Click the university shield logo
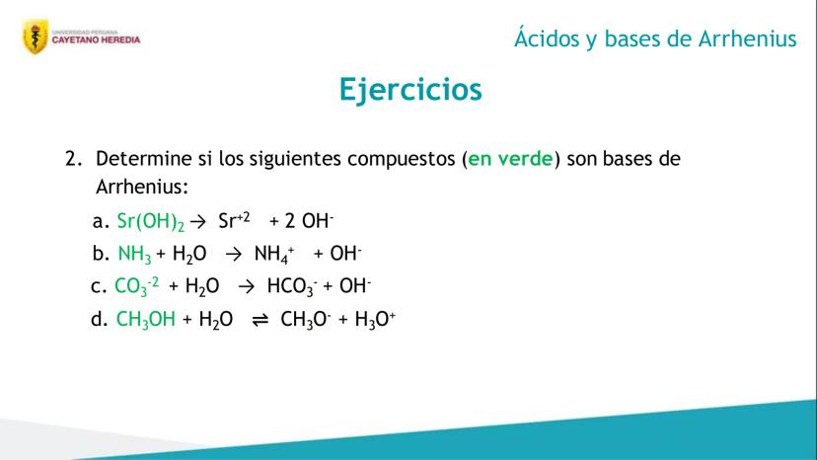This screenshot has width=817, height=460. (x=36, y=37)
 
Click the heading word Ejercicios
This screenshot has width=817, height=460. (x=410, y=90)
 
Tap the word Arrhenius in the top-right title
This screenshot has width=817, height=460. (x=747, y=38)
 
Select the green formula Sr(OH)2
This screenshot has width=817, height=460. (x=151, y=222)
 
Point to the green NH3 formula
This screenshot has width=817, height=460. (x=134, y=255)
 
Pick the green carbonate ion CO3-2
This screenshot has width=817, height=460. (x=136, y=286)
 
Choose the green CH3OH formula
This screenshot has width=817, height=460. (x=146, y=319)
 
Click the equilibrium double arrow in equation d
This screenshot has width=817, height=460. (x=260, y=320)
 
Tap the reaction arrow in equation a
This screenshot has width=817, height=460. (x=198, y=222)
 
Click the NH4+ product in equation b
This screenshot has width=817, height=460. (x=274, y=254)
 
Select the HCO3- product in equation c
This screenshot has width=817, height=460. (x=292, y=286)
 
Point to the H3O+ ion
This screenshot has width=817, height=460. (x=375, y=319)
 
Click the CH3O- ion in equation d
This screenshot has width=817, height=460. (x=305, y=319)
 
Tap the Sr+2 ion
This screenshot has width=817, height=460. (x=234, y=220)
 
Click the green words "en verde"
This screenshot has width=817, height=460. (x=510, y=159)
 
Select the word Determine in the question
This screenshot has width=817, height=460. (x=144, y=159)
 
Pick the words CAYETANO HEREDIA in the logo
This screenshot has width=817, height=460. (x=96, y=40)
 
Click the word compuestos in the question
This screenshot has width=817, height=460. (x=402, y=160)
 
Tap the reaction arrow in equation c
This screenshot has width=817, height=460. (x=246, y=286)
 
